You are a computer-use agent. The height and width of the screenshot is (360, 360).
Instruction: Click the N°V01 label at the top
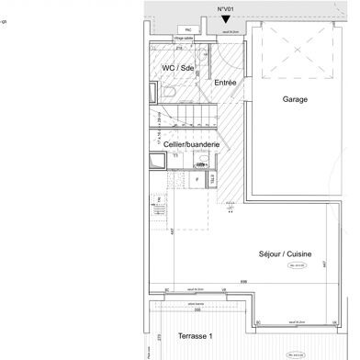coord(225,8)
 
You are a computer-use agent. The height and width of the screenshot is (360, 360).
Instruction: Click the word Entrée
coord(226,84)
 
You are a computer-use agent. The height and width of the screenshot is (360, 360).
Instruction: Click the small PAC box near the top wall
coord(188,29)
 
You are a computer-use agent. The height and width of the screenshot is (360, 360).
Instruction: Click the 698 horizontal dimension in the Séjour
coord(243,280)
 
